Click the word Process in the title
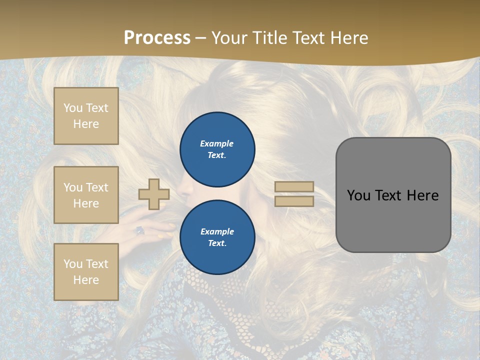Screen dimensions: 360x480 [157, 37]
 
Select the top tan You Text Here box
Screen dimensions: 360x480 [86, 116]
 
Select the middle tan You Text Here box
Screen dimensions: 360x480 [86, 195]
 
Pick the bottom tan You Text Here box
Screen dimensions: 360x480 [86, 272]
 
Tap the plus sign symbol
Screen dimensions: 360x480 [154, 194]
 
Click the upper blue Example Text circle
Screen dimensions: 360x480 [217, 149]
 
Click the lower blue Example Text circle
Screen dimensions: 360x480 [217, 237]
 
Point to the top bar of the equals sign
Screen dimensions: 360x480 [294, 187]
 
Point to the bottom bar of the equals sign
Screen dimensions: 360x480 [294, 201]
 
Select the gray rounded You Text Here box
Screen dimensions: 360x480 [393, 195]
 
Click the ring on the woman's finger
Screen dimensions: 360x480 [140, 230]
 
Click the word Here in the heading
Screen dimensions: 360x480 [348, 37]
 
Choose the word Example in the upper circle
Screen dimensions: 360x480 [217, 143]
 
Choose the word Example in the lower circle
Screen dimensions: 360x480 [217, 231]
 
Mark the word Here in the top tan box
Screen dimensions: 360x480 [86, 124]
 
